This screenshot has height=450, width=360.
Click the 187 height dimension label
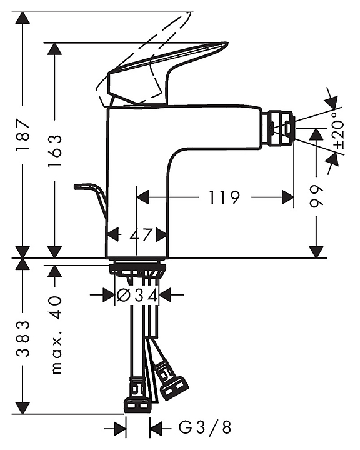click(24, 134)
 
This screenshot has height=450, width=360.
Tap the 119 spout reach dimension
click(224, 197)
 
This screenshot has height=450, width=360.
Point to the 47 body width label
click(140, 236)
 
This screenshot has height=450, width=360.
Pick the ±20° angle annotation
click(339, 130)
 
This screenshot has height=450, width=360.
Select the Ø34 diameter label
click(137, 295)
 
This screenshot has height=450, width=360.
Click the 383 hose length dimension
click(24, 339)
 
